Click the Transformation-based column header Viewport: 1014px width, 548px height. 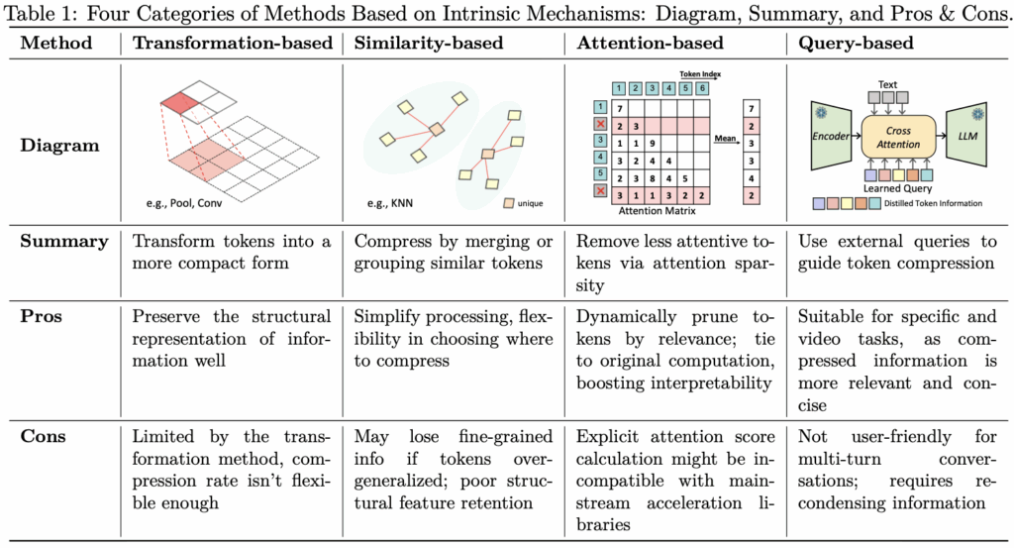click(232, 43)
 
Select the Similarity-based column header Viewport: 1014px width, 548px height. click(428, 43)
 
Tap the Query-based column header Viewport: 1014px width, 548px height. click(856, 43)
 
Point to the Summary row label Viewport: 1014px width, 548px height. click(64, 242)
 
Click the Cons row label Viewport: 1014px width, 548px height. click(43, 436)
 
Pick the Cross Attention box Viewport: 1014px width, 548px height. click(898, 137)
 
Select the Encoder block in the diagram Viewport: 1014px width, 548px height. click(831, 136)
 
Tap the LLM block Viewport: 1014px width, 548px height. click(966, 136)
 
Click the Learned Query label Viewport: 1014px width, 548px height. click(897, 188)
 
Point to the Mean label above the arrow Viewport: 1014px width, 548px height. click(725, 138)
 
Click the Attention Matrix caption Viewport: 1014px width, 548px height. click(658, 211)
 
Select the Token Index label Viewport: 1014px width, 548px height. click(700, 74)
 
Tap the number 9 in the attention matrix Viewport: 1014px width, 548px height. click(653, 144)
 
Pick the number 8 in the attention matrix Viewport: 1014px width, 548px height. click(653, 178)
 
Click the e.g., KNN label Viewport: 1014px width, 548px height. click(390, 203)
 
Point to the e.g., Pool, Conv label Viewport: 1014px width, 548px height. click(183, 203)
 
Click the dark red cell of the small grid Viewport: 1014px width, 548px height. click(178, 101)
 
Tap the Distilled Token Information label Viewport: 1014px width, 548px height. click(933, 203)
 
